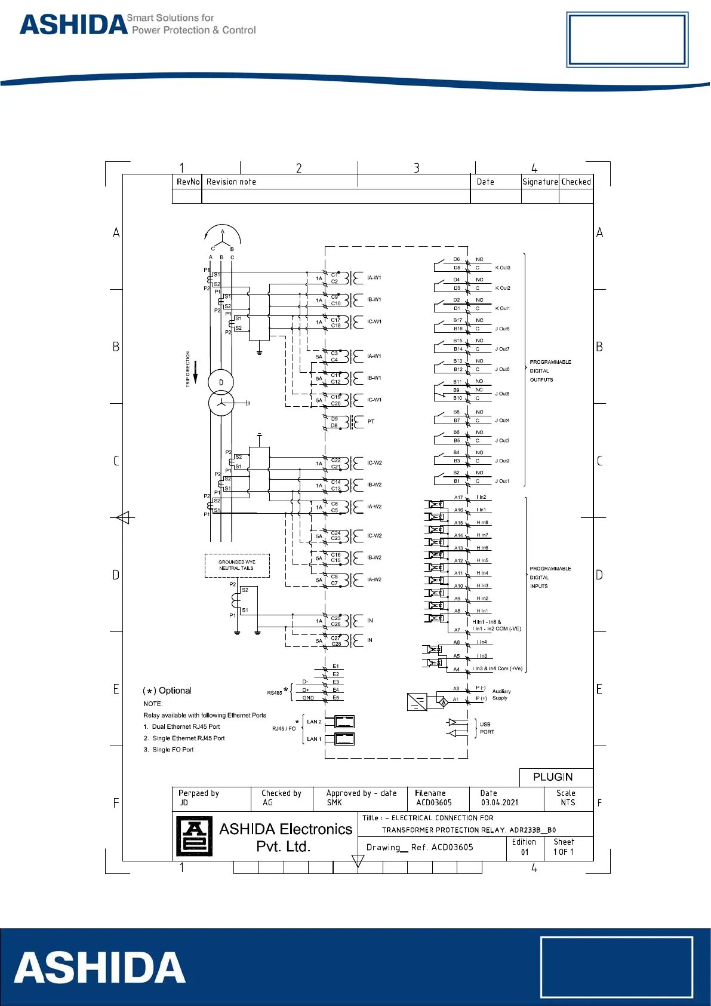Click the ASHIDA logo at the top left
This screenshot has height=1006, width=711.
[74, 24]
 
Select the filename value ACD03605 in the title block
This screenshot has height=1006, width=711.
[434, 803]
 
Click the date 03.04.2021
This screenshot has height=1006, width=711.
[500, 803]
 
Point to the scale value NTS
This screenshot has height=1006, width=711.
[568, 803]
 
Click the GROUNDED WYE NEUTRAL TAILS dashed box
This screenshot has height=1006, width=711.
[237, 565]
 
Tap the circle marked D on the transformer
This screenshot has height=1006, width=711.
[221, 382]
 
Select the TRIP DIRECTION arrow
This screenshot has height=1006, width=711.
[195, 372]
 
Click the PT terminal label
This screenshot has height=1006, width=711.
[371, 422]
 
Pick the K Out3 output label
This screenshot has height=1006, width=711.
[503, 268]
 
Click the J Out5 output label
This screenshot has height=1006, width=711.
[502, 394]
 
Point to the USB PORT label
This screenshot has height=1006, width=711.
[487, 728]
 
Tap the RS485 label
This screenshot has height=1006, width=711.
[275, 693]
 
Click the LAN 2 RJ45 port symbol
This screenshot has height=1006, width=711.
[344, 722]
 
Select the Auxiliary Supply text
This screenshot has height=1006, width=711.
[501, 695]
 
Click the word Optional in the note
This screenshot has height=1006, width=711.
[175, 691]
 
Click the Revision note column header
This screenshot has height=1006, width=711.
[231, 182]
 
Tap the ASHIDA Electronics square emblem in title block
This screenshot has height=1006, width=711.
[194, 836]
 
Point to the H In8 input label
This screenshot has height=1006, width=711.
[482, 523]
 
